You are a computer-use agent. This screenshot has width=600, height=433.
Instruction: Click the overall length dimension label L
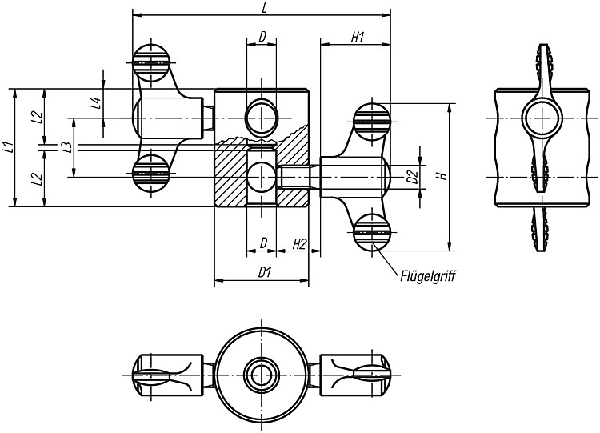click(264, 9)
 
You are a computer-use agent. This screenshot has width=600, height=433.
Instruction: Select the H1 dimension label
click(357, 37)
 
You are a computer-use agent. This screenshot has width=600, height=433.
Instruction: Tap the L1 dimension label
click(9, 147)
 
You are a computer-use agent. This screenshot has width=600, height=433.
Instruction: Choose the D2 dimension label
click(412, 177)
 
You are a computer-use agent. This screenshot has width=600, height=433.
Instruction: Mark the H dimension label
click(442, 176)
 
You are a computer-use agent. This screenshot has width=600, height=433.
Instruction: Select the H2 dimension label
click(300, 244)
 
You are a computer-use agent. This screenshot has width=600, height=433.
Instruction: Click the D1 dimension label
click(265, 273)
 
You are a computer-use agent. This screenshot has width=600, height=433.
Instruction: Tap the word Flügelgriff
click(428, 276)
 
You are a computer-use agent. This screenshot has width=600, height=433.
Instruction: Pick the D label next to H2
click(263, 243)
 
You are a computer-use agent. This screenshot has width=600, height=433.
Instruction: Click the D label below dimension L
click(262, 37)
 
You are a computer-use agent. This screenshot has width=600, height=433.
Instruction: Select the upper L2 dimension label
click(37, 117)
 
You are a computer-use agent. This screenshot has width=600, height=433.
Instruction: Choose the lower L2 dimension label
click(37, 178)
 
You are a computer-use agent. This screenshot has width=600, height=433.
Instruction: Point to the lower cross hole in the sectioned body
click(262, 177)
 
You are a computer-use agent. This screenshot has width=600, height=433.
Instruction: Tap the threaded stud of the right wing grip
click(298, 177)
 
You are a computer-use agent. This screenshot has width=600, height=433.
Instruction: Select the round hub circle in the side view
click(542, 118)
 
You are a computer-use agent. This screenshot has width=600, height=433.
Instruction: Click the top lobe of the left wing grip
click(151, 62)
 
